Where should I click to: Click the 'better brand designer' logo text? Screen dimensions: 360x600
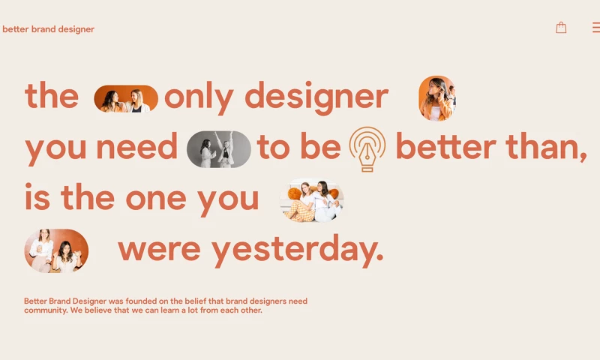[x=48, y=29]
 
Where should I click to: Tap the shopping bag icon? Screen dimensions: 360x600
[x=561, y=28]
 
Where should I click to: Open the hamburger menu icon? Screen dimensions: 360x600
[x=595, y=28]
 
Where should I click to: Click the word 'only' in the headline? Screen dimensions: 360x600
[x=199, y=97]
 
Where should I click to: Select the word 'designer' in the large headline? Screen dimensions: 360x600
[x=316, y=97]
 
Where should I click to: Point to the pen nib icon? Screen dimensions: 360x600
[x=367, y=148]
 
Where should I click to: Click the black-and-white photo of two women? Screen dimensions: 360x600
[x=219, y=148]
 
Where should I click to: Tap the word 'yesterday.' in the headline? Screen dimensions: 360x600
[x=298, y=249]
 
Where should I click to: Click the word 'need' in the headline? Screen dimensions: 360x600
[x=136, y=148]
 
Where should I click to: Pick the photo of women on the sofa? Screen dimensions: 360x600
[x=312, y=200]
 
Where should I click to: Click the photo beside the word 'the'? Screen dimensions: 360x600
[x=126, y=99]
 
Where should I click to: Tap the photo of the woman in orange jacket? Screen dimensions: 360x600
[x=436, y=98]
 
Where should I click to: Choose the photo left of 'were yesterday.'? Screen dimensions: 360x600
[x=56, y=250]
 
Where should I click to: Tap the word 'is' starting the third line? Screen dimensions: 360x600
[x=37, y=198]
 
